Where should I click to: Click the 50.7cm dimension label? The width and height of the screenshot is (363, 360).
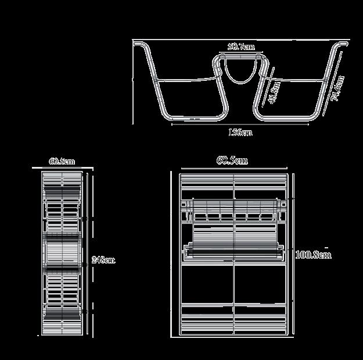240,47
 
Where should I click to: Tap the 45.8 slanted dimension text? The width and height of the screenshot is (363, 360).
275,92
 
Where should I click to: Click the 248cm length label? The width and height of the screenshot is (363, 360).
103,260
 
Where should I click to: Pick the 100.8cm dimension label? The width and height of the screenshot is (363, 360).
313,255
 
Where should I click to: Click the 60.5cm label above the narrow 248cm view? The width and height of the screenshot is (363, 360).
62,162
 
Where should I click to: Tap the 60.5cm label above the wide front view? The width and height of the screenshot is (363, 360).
232,161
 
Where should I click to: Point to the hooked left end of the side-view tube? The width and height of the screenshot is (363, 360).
138,44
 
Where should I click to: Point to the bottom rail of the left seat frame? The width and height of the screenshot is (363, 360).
192,118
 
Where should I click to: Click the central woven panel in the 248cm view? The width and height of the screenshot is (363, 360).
62,254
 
